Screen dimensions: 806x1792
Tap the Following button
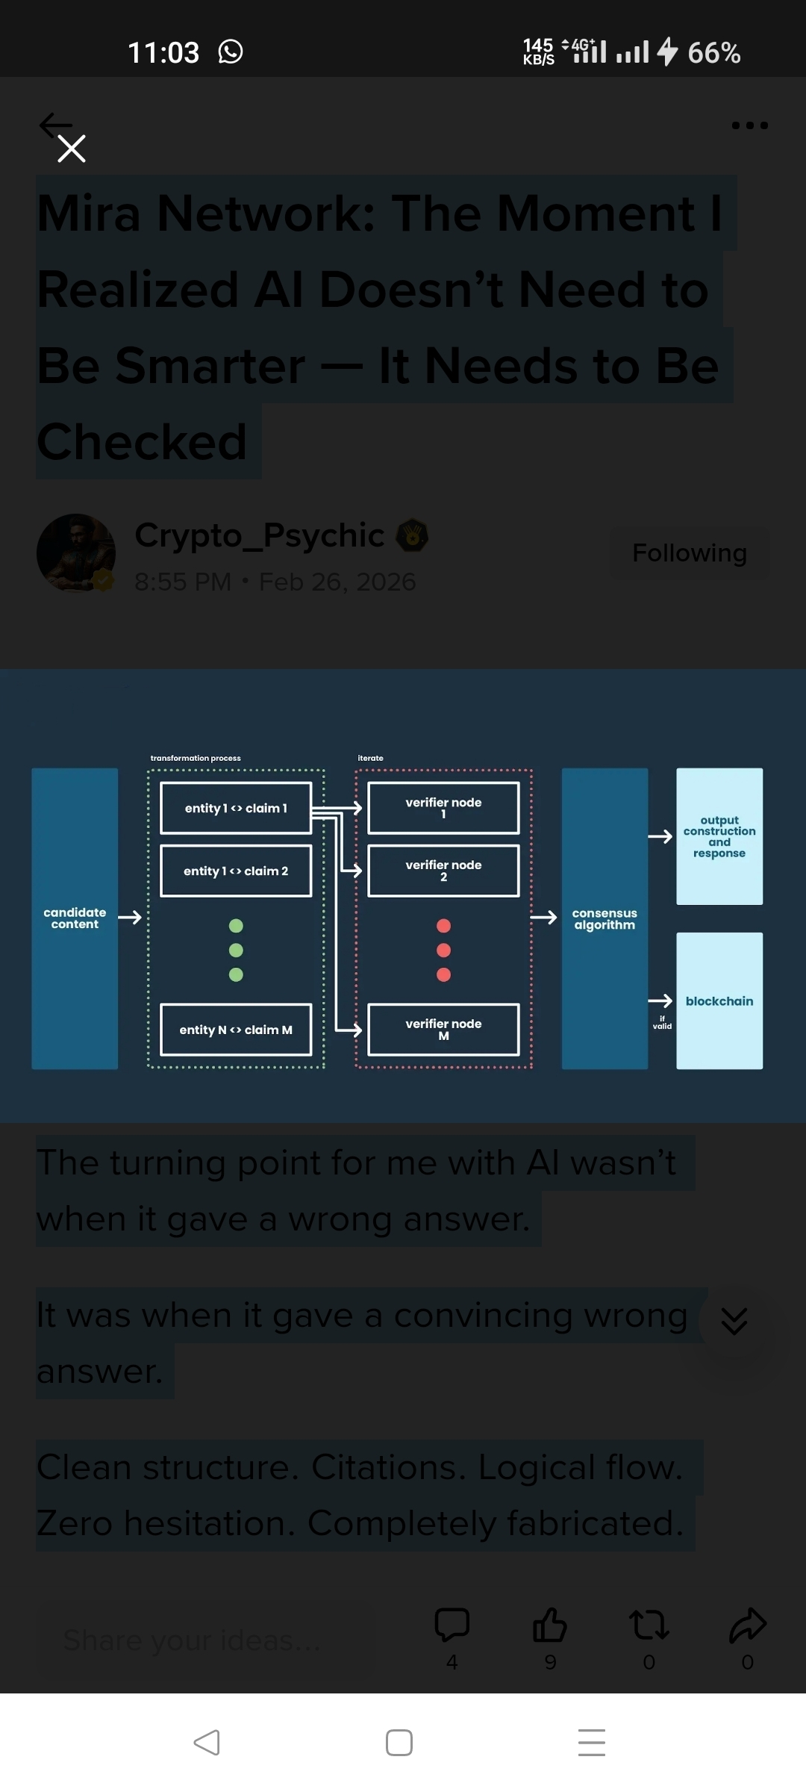pyautogui.click(x=689, y=553)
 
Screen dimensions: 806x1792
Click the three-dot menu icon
pyautogui.click(x=749, y=125)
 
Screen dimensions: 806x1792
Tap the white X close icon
pyautogui.click(x=72, y=149)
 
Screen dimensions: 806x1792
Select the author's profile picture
pyautogui.click(x=76, y=553)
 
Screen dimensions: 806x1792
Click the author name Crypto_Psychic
pyautogui.click(x=259, y=535)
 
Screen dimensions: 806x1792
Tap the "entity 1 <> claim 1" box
pyautogui.click(x=236, y=808)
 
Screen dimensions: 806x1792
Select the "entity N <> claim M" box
pyautogui.click(x=236, y=1030)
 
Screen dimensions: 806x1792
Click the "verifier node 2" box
pyautogui.click(x=443, y=871)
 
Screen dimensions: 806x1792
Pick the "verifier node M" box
pyautogui.click(x=443, y=1030)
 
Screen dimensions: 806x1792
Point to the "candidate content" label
pyautogui.click(x=75, y=918)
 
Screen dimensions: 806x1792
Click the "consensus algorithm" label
pyautogui.click(x=604, y=919)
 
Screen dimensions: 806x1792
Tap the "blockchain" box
pyautogui.click(x=719, y=1001)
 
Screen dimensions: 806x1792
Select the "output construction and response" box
pyautogui.click(x=719, y=836)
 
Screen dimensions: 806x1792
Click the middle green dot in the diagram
pyautogui.click(x=236, y=951)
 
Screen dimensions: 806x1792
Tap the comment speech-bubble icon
pyautogui.click(x=452, y=1625)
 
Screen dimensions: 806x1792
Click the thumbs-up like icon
pyautogui.click(x=550, y=1625)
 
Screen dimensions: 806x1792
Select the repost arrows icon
pyautogui.click(x=649, y=1625)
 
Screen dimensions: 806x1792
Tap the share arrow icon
pyautogui.click(x=747, y=1625)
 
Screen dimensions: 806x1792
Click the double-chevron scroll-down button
pyautogui.click(x=734, y=1322)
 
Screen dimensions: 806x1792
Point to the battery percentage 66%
pyautogui.click(x=713, y=53)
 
